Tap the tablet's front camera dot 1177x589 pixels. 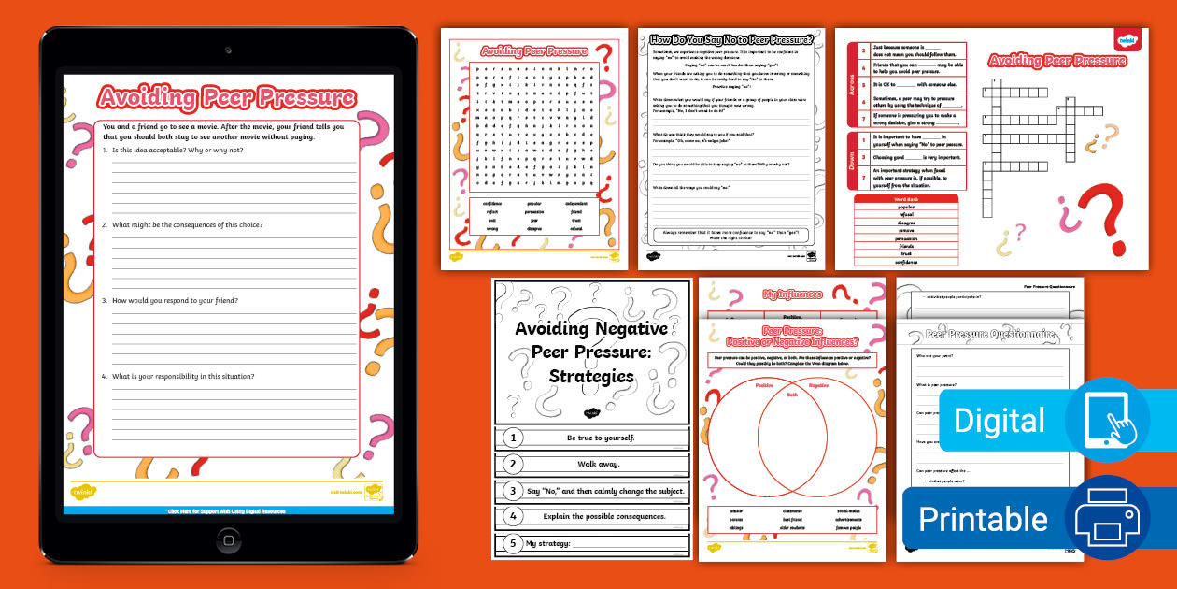tap(228, 50)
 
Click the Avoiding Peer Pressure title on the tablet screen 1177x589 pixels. tap(227, 97)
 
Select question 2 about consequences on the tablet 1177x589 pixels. tap(187, 225)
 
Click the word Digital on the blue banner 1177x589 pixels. tap(1000, 421)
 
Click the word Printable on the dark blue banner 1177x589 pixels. tap(984, 518)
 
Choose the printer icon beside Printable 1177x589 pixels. tap(1108, 517)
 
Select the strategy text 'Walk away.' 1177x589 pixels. tap(592, 464)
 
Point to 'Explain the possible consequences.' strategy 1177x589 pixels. tap(603, 516)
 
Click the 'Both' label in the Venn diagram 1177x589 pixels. tap(792, 395)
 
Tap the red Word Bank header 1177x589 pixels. tap(905, 199)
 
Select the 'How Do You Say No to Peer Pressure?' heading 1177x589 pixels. tap(731, 39)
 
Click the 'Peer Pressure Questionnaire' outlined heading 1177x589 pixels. tap(990, 334)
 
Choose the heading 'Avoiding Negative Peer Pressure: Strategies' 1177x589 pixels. tap(591, 352)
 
